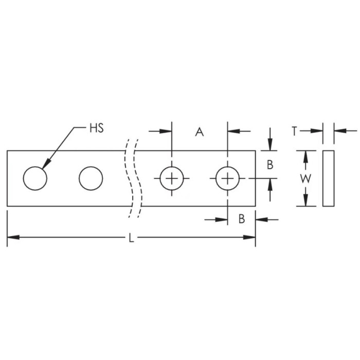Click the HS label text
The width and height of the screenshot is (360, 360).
97,128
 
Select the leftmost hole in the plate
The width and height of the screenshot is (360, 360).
35,178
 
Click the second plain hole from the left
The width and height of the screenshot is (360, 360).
91,178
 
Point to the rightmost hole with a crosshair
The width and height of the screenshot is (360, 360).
227,178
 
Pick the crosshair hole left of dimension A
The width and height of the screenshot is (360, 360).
172,178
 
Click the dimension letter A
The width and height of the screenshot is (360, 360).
200,132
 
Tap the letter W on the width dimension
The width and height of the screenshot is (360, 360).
305,178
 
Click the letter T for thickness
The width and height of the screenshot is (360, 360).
294,131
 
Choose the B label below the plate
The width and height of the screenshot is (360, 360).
241,220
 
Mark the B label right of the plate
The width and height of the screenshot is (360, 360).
270,165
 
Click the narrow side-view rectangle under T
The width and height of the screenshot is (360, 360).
328,178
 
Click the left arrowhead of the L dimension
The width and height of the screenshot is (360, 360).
12,237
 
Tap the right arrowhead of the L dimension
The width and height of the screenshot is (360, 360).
250,237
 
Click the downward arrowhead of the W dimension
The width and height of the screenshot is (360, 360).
305,201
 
